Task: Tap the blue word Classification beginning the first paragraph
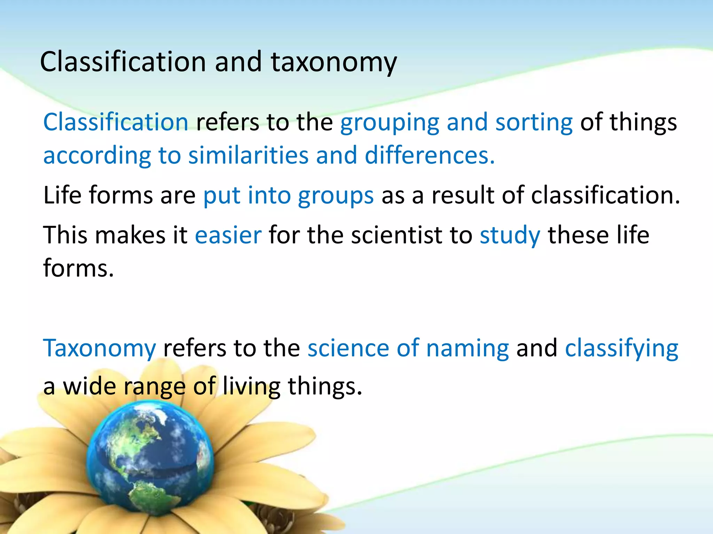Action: pyautogui.click(x=116, y=122)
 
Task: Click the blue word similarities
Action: pyautogui.click(x=248, y=155)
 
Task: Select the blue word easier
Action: pyautogui.click(x=228, y=235)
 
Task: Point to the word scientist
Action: pyautogui.click(x=397, y=235)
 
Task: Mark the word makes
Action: pyautogui.click(x=130, y=235)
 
